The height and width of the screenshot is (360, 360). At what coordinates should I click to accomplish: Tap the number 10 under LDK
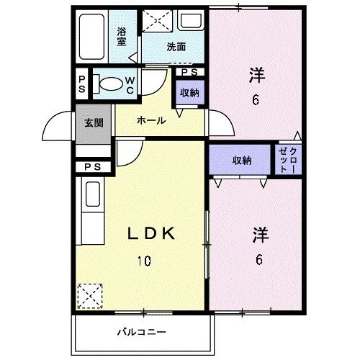tap(145, 261)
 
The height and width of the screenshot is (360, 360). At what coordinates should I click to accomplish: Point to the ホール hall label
tap(152, 120)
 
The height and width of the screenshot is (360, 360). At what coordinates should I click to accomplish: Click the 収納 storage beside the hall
tap(189, 93)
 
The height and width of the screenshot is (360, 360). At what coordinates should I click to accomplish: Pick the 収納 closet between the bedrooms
tap(242, 161)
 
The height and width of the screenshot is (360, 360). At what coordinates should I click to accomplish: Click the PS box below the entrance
tap(91, 167)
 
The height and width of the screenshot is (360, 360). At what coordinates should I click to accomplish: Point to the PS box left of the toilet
tap(83, 83)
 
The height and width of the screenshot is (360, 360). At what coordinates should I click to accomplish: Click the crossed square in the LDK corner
tap(90, 294)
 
